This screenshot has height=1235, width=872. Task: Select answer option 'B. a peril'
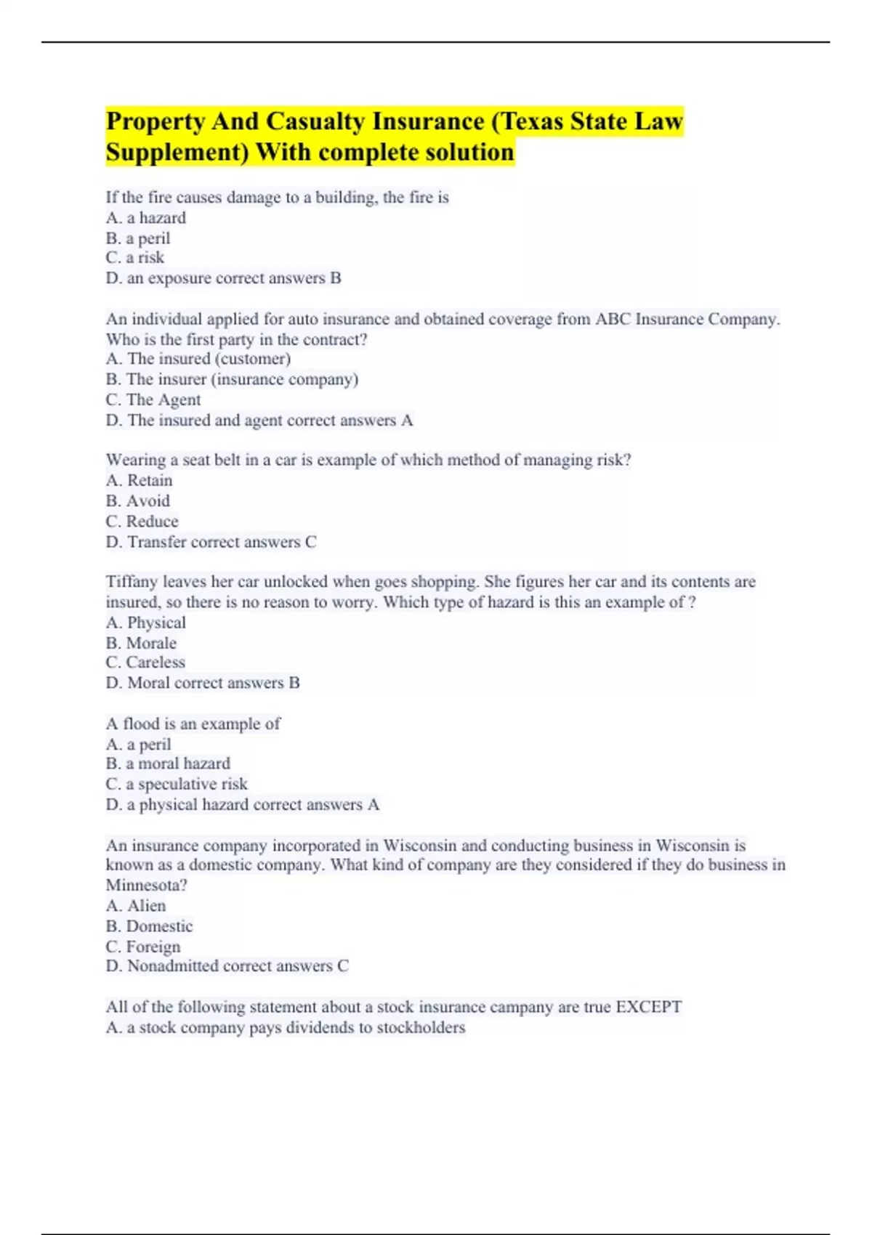pos(138,238)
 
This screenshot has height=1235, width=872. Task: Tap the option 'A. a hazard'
pos(146,218)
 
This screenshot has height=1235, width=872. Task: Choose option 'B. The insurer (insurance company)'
pos(232,379)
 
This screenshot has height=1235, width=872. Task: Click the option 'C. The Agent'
pos(153,400)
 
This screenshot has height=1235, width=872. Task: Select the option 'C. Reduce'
pos(142,522)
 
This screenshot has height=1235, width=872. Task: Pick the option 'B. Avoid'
pos(138,501)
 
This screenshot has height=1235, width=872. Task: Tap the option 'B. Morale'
pos(141,643)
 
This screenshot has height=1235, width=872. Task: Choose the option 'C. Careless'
pos(145,663)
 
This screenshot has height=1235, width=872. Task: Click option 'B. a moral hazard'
pos(168,764)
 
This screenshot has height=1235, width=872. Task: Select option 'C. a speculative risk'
pos(177,784)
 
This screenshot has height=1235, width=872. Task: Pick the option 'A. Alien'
pos(136,906)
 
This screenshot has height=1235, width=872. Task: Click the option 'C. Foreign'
pos(143,947)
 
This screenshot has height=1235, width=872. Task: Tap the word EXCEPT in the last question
pos(648,1007)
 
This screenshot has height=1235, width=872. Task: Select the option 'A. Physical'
pos(146,623)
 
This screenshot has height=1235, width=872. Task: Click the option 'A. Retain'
pos(140,481)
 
